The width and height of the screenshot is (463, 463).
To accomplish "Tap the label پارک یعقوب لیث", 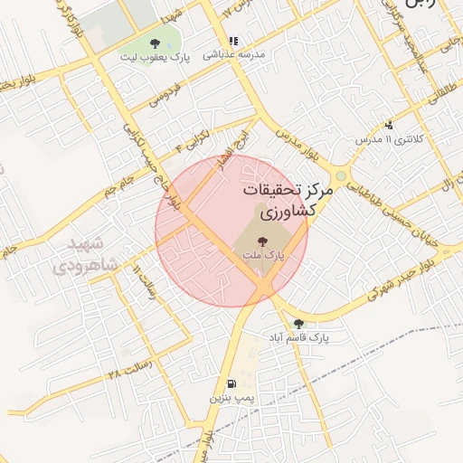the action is [x=155, y=56].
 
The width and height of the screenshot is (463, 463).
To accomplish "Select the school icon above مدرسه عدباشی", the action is [x=233, y=41].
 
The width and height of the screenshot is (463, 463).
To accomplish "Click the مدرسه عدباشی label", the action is [x=234, y=54].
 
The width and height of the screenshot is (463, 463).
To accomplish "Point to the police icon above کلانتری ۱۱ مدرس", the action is [x=389, y=125].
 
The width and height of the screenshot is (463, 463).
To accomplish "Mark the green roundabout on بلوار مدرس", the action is [x=341, y=176].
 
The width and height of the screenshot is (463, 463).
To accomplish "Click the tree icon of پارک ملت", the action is [x=262, y=241].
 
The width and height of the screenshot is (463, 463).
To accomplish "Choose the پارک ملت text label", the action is [x=262, y=256].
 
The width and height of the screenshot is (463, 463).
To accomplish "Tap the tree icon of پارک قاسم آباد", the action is [x=298, y=323].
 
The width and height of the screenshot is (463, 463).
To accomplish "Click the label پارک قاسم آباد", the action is [x=298, y=336].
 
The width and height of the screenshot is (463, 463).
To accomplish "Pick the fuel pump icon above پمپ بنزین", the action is [x=232, y=383].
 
